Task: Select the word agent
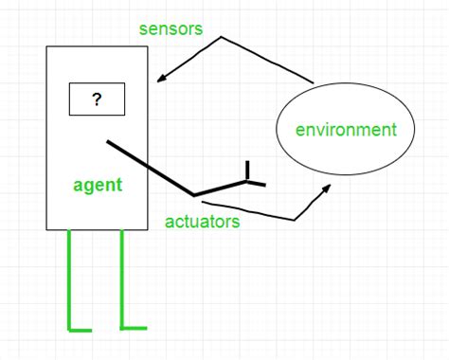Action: point(98,184)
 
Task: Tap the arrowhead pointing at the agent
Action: point(160,79)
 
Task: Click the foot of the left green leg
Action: point(81,330)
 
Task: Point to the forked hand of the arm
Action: point(249,176)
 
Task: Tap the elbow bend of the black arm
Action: point(194,195)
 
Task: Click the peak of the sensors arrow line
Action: point(222,38)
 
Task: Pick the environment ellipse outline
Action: point(277,129)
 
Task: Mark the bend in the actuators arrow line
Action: point(296,221)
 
